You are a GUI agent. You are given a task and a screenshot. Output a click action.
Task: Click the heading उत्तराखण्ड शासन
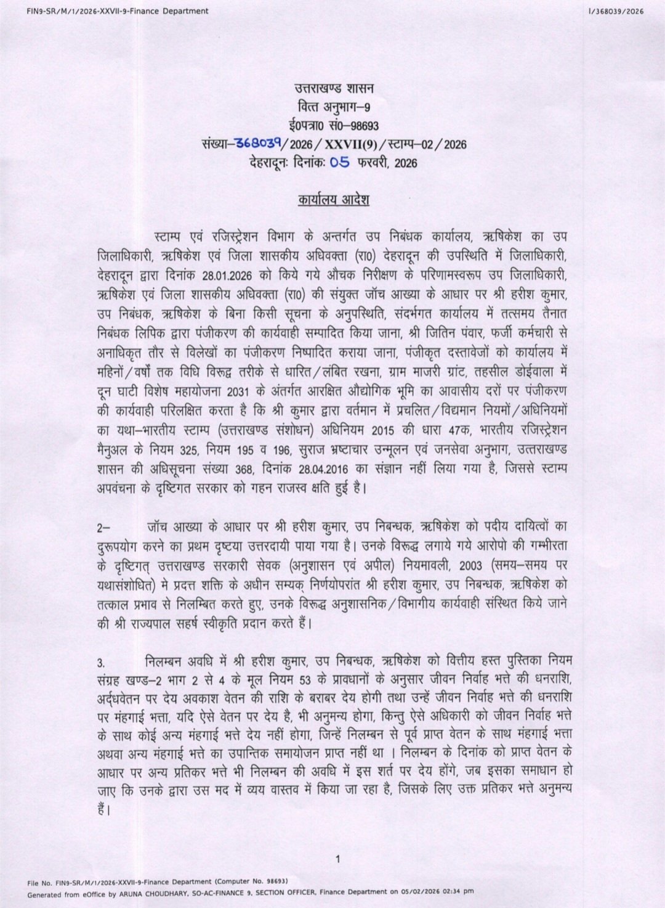click(334, 88)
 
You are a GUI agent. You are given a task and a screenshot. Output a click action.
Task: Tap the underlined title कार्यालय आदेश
click(334, 200)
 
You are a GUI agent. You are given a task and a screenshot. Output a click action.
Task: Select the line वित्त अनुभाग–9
click(334, 107)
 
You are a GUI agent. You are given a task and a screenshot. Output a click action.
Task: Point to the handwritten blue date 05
click(340, 162)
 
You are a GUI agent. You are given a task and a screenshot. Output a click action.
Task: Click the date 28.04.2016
click(325, 468)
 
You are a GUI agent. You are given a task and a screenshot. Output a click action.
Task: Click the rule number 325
click(185, 449)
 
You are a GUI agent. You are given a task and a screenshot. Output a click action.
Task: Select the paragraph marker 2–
click(103, 528)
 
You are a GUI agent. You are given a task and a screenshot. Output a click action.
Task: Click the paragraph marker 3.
click(101, 663)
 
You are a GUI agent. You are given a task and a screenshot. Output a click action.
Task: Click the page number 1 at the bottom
click(337, 859)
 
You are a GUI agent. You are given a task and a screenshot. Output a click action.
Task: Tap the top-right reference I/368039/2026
click(616, 11)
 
